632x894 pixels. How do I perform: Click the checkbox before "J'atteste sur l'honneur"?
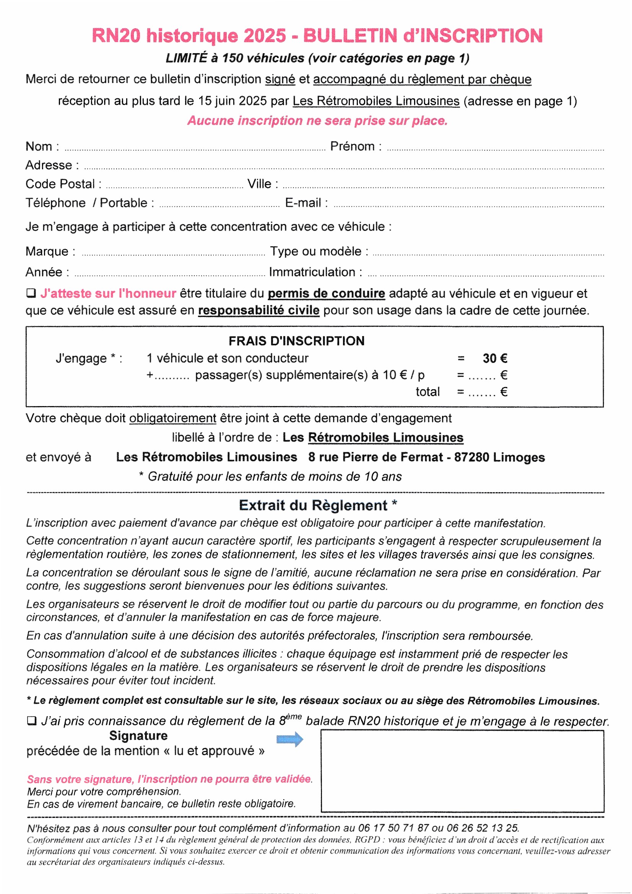coord(31,293)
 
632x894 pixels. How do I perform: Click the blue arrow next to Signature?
coord(290,739)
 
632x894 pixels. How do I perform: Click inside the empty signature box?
coord(462,771)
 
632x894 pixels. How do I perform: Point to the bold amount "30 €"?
coord(494,358)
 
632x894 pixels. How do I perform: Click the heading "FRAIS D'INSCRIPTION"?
coord(296,341)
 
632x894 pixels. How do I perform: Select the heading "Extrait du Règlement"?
coord(313,505)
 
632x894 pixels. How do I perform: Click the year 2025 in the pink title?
coord(265,36)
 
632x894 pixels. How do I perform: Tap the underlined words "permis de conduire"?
coord(326,293)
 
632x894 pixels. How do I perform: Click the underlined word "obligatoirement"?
coord(172,418)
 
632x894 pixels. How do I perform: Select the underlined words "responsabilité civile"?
coord(258,310)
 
